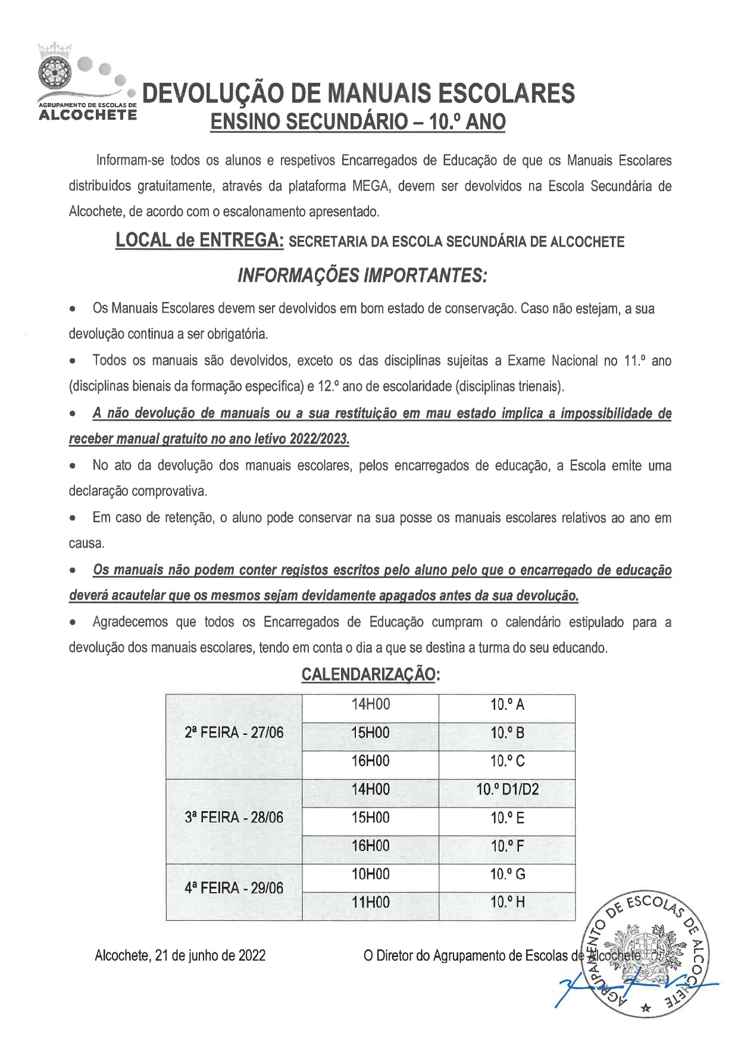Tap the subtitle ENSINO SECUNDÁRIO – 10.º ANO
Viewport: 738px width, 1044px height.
coord(358,122)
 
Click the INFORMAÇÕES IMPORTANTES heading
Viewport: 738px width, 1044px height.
coord(362,275)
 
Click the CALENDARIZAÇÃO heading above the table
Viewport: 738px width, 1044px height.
coord(370,674)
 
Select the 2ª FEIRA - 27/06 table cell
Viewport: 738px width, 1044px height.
coord(234,733)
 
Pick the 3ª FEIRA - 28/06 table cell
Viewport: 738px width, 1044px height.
coord(234,818)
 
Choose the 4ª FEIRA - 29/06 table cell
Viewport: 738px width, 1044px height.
coord(234,889)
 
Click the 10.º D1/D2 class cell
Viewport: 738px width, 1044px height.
coord(507,790)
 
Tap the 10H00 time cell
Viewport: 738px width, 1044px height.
coord(370,874)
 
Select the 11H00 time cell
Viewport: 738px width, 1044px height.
coord(370,903)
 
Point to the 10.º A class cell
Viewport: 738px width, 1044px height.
coord(507,705)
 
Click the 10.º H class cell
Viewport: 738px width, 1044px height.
coord(507,903)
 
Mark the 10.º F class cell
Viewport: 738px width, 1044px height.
coord(507,846)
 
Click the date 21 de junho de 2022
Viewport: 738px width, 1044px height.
coord(210,956)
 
